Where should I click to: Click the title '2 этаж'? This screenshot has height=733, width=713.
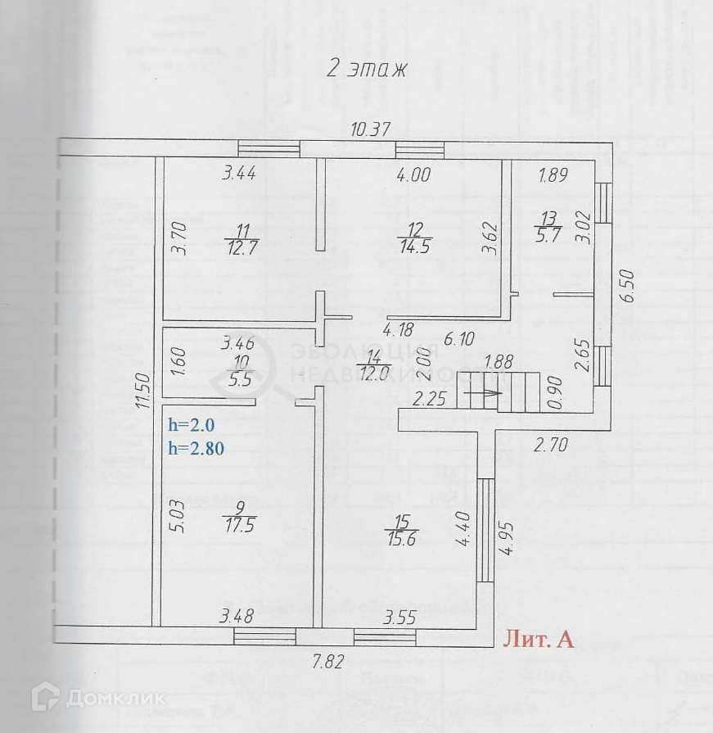tap(367, 69)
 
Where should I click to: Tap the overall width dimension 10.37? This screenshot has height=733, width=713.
tap(371, 129)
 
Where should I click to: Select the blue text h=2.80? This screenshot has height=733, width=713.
tap(196, 448)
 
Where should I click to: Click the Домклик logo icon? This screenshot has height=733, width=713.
tap(45, 698)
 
